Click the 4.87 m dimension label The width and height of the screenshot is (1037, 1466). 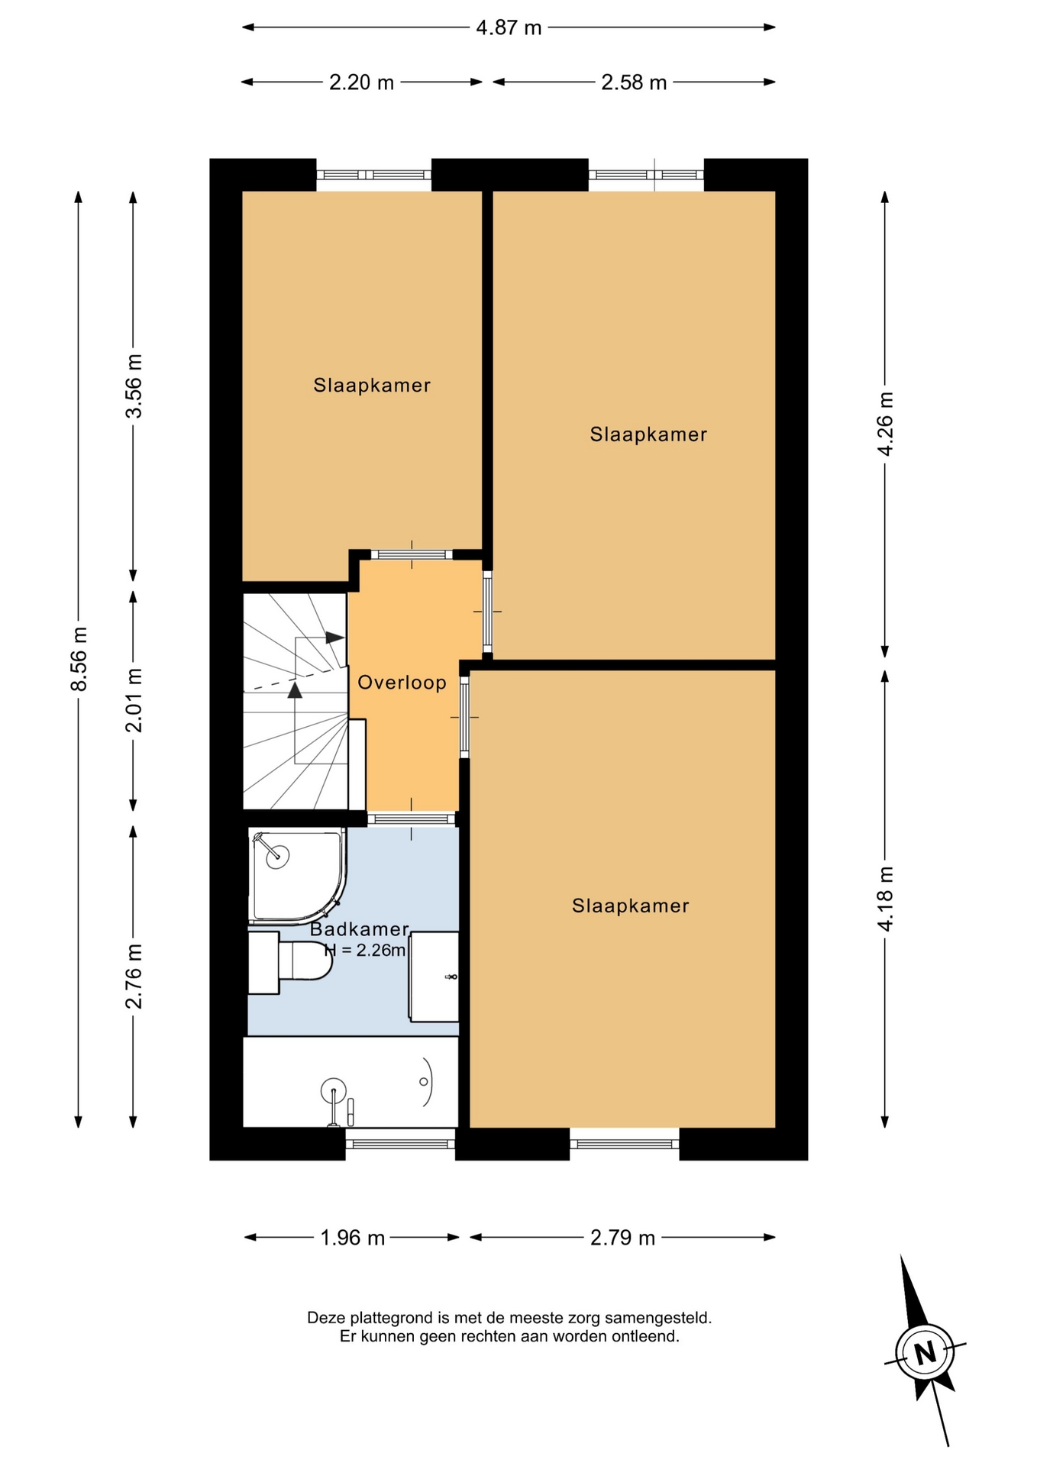tap(509, 28)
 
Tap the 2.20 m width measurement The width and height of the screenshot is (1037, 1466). tap(361, 82)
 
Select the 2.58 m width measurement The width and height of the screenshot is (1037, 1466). tap(634, 82)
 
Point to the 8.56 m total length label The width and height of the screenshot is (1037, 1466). tap(79, 659)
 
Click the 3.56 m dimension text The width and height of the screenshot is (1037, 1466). tap(134, 386)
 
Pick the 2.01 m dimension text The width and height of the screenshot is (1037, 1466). tap(134, 700)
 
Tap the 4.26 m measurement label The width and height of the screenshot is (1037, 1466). tap(885, 425)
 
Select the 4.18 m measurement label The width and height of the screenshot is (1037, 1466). tap(885, 899)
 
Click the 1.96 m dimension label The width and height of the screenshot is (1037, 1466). tap(352, 1238)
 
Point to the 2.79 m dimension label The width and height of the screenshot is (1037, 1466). tap(622, 1238)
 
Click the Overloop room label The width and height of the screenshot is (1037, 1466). tap(402, 683)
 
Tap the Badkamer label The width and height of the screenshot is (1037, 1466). tap(360, 929)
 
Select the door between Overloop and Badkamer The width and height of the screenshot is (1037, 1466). tap(412, 819)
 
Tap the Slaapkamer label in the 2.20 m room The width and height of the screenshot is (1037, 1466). tap(372, 386)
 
